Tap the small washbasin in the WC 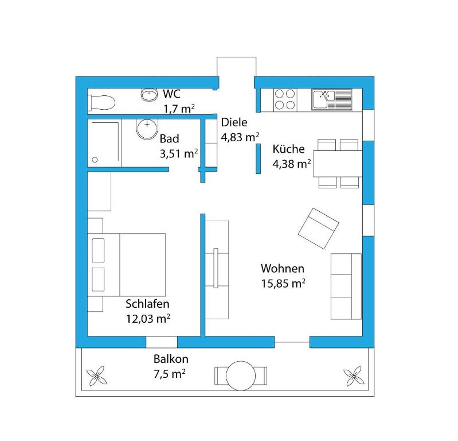tap(149, 95)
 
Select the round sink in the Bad tap(147, 129)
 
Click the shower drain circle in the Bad tap(95, 160)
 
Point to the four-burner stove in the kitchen tap(285, 99)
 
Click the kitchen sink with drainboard tap(332, 99)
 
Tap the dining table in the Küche tap(338, 164)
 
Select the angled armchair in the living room tap(318, 229)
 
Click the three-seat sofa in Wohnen tap(346, 287)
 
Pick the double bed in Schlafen tap(127, 265)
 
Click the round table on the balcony tap(241, 376)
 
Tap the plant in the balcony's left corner tap(97, 376)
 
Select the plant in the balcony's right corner tap(354, 376)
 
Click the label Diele tap(234, 122)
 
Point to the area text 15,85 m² tap(283, 283)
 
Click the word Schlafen tap(147, 304)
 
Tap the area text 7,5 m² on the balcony tap(170, 374)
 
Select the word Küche tap(288, 149)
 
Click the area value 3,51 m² tap(179, 153)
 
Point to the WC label tap(171, 94)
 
